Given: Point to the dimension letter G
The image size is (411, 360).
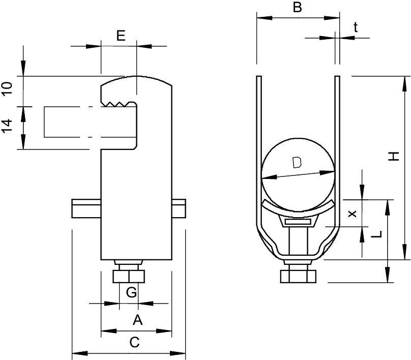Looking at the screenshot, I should [131, 292].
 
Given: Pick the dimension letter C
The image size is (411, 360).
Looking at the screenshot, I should [134, 342].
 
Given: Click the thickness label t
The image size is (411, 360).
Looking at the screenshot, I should [356, 27].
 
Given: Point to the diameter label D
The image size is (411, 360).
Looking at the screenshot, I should [298, 163].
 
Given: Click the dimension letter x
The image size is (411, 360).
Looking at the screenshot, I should [351, 214].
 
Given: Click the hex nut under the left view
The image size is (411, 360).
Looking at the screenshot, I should [129, 276].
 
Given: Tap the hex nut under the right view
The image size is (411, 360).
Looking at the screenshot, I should [298, 276].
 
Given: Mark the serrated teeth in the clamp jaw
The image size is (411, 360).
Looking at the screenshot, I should [120, 104].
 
